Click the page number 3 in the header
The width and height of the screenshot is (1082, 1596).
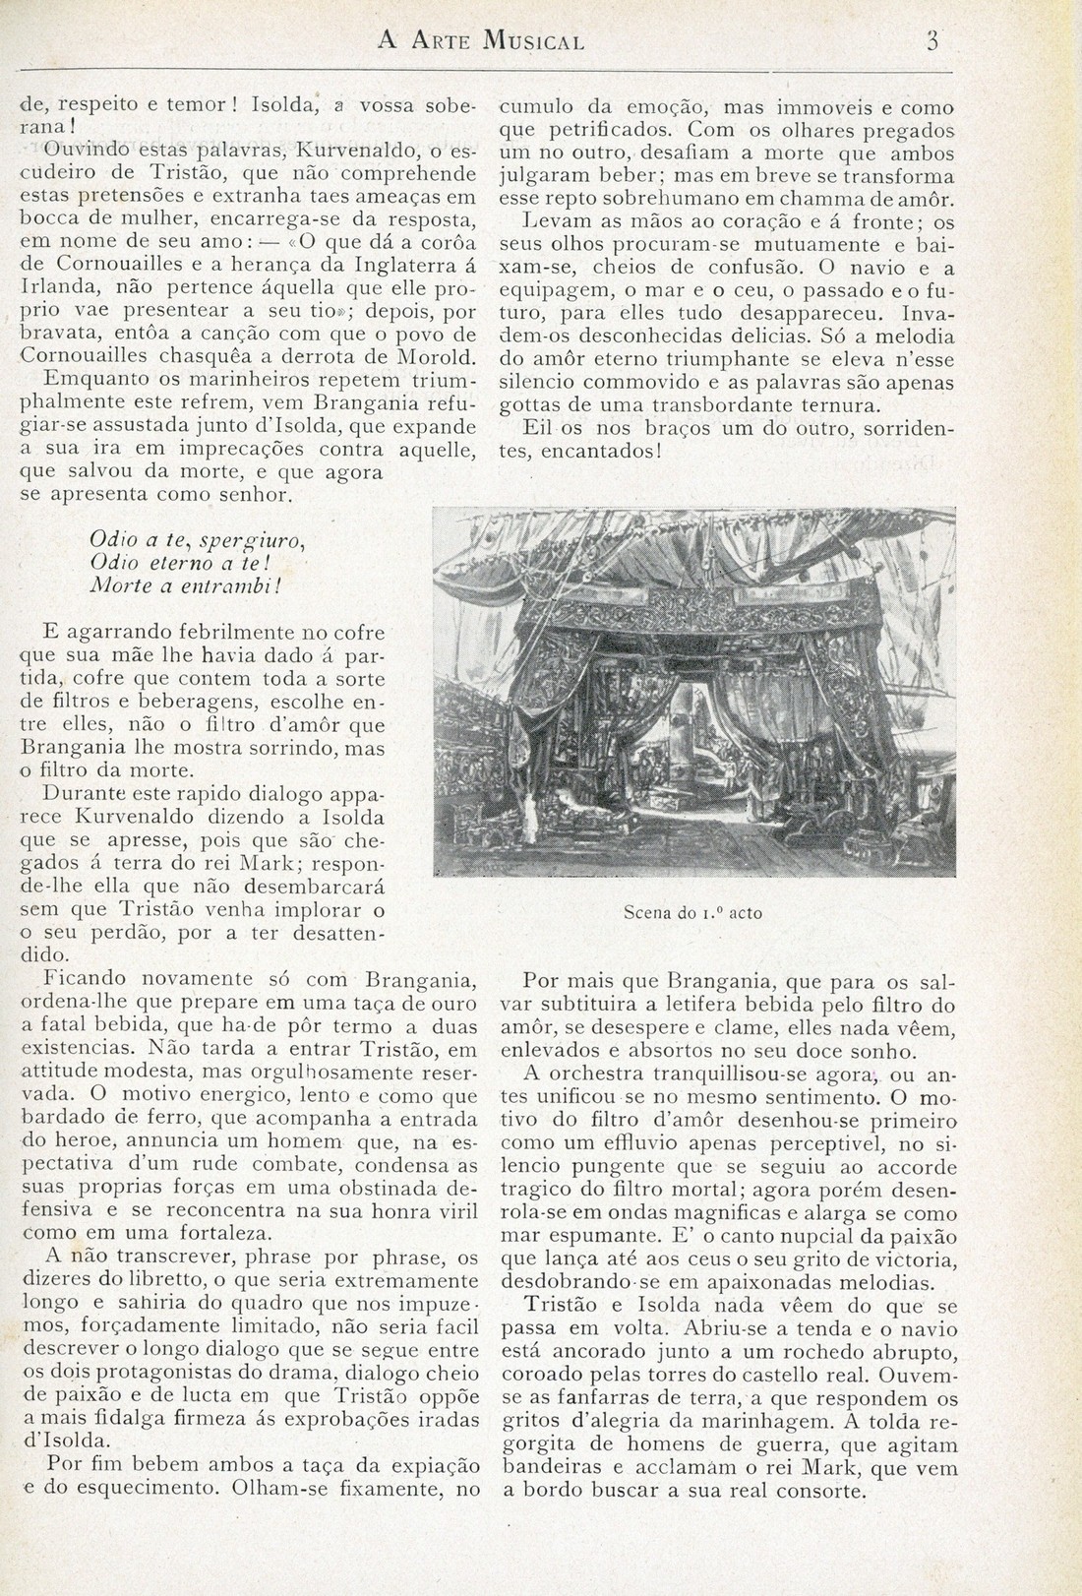(x=933, y=41)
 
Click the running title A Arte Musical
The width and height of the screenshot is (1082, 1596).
(x=482, y=42)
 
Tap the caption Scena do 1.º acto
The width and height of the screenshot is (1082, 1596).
(x=692, y=912)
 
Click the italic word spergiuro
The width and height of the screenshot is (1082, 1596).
(x=252, y=540)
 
